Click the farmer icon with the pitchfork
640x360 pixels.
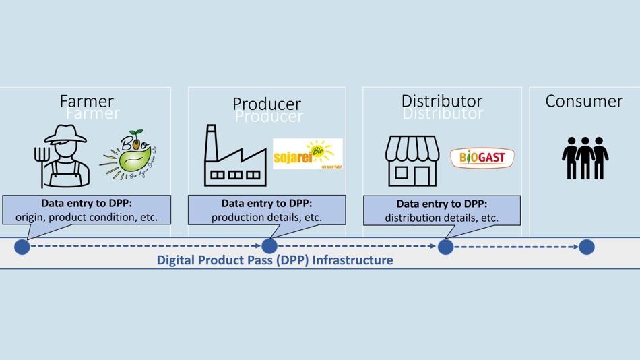coord(63,156)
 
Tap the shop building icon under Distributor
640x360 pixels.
coord(412,160)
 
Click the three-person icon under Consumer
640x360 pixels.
coord(585,158)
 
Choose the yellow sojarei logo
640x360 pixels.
coord(307,154)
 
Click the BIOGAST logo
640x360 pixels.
coord(482,158)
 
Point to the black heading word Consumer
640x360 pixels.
coord(583,101)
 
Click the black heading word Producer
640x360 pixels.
coord(267,104)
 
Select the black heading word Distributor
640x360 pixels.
coord(442,101)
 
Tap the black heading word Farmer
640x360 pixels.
coord(87,101)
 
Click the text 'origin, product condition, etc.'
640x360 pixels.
coord(86,217)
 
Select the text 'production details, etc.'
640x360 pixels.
coord(267,217)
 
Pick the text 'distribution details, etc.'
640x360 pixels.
coord(442,218)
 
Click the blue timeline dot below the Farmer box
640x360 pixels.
coord(22,247)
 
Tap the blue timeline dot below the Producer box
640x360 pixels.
coord(269,246)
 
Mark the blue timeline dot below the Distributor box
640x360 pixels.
coord(445,247)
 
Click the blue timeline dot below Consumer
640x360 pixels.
coord(587,247)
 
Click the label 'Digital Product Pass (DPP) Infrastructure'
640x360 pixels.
coord(275,260)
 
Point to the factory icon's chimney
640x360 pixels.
coord(212,139)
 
